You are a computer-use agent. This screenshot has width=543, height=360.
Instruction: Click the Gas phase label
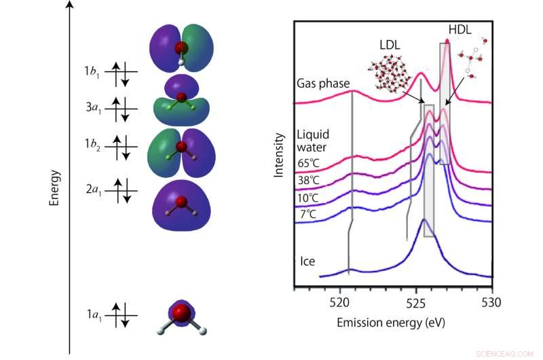(x=323, y=84)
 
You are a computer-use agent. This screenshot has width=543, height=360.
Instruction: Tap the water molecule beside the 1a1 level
(x=181, y=317)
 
